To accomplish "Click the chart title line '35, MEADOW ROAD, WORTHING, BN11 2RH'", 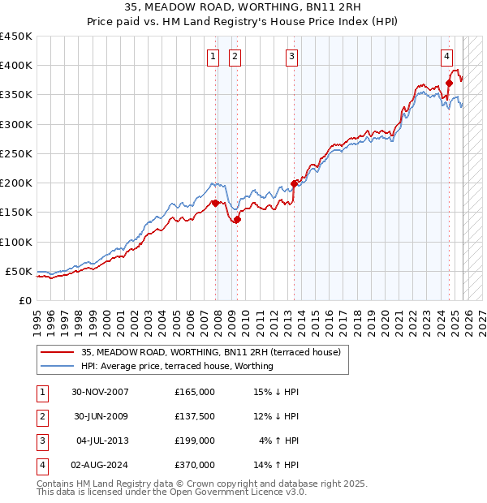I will click(243, 6).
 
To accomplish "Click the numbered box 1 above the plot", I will click(213, 56).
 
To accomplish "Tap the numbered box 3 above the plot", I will click(291, 56).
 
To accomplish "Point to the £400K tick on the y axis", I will click(16, 66).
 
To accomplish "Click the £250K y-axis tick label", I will click(16, 153).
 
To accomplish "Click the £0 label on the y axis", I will click(24, 300).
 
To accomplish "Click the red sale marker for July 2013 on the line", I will click(294, 183).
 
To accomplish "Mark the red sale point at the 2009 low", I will click(237, 219).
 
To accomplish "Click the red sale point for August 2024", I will click(449, 83).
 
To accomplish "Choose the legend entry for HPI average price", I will click(177, 366).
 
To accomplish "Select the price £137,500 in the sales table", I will click(194, 416).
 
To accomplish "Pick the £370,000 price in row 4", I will click(194, 465).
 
